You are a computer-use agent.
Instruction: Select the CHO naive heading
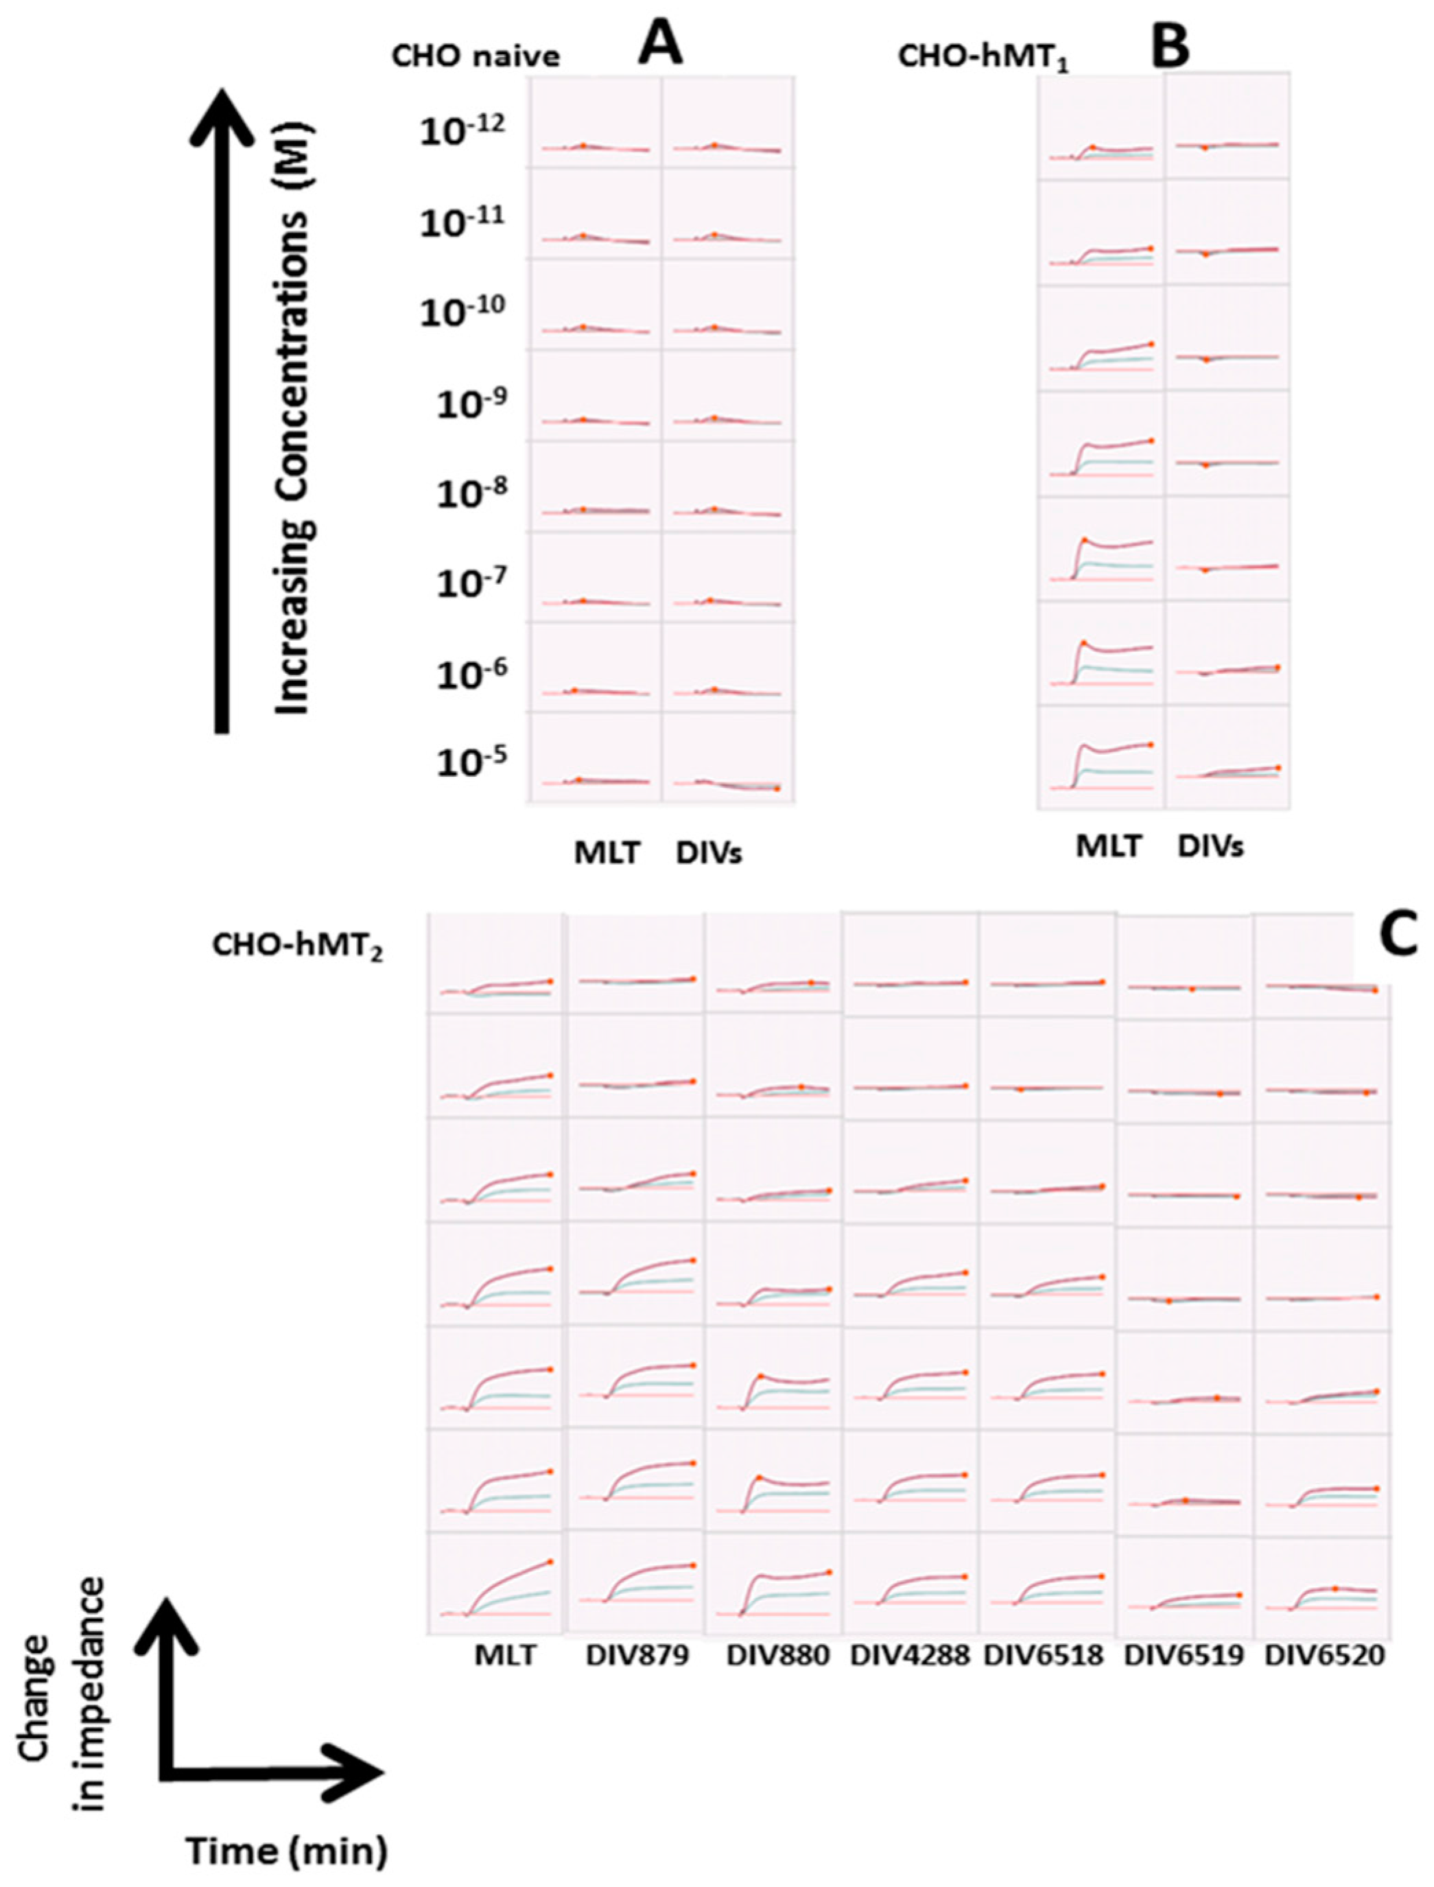(475, 56)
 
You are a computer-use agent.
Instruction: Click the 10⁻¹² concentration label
(462, 129)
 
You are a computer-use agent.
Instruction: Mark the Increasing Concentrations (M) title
(294, 418)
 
